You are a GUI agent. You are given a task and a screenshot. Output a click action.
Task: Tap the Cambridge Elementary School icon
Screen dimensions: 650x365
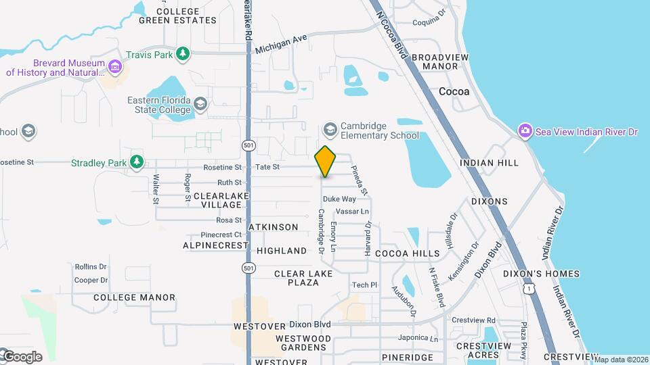coord(330,129)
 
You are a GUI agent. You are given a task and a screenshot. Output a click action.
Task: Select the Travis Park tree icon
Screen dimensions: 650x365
coord(182,53)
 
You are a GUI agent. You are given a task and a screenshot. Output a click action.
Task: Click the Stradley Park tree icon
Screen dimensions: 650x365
coord(137,162)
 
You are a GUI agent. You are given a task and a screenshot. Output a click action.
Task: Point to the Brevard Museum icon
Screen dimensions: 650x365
coord(115,67)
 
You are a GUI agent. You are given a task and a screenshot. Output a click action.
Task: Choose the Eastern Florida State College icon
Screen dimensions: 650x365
coord(200,104)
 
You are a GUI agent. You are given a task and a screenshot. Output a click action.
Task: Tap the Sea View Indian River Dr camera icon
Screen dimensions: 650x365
coord(524,131)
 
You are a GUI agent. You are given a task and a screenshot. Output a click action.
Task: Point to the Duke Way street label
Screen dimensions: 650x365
coord(339,199)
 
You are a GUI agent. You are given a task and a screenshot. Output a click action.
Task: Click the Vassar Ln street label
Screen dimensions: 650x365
coord(352,211)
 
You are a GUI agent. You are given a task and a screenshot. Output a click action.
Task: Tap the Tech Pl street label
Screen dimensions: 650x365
coord(364,285)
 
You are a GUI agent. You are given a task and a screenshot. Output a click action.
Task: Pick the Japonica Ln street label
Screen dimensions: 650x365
coord(418,338)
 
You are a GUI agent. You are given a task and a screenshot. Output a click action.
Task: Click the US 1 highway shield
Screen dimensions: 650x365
coord(528,289)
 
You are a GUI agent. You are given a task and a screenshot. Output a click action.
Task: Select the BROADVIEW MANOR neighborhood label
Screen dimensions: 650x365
coord(440,62)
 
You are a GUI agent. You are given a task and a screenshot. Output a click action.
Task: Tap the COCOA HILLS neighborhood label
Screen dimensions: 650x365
coord(408,253)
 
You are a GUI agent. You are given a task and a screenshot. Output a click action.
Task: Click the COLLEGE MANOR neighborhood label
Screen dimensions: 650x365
coord(134,297)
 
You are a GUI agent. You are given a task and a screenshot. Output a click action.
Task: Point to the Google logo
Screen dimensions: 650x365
coord(22,356)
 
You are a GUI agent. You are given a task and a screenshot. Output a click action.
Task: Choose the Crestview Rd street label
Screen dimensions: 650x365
coord(473,320)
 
